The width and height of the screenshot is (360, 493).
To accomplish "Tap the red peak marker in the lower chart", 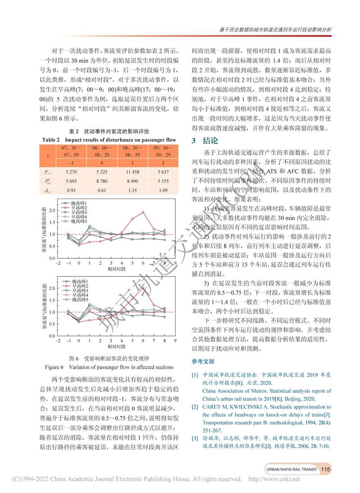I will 143,287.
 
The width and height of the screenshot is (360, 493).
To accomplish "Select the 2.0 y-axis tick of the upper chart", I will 52,210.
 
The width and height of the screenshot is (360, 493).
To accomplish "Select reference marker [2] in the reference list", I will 195,407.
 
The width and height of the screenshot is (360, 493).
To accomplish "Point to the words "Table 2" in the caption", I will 51,140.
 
